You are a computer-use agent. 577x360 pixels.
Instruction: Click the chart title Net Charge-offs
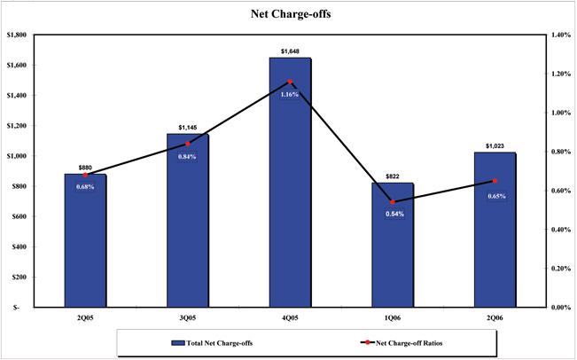pyautogui.click(x=288, y=15)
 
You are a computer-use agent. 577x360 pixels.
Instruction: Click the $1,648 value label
pyautogui.click(x=290, y=52)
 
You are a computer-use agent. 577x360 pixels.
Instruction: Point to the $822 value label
pyautogui.click(x=393, y=177)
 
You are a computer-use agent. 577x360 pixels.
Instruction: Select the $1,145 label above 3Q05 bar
pyautogui.click(x=187, y=128)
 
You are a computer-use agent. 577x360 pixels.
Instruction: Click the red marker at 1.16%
pyautogui.click(x=290, y=82)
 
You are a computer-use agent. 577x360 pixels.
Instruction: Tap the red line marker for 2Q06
pyautogui.click(x=495, y=181)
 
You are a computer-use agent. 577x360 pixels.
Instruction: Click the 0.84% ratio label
pyautogui.click(x=187, y=156)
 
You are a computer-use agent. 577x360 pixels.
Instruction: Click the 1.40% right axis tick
pyautogui.click(x=558, y=35)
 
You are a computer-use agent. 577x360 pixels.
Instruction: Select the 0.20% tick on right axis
pyautogui.click(x=558, y=268)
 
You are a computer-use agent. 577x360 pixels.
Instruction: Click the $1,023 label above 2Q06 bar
pyautogui.click(x=495, y=146)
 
